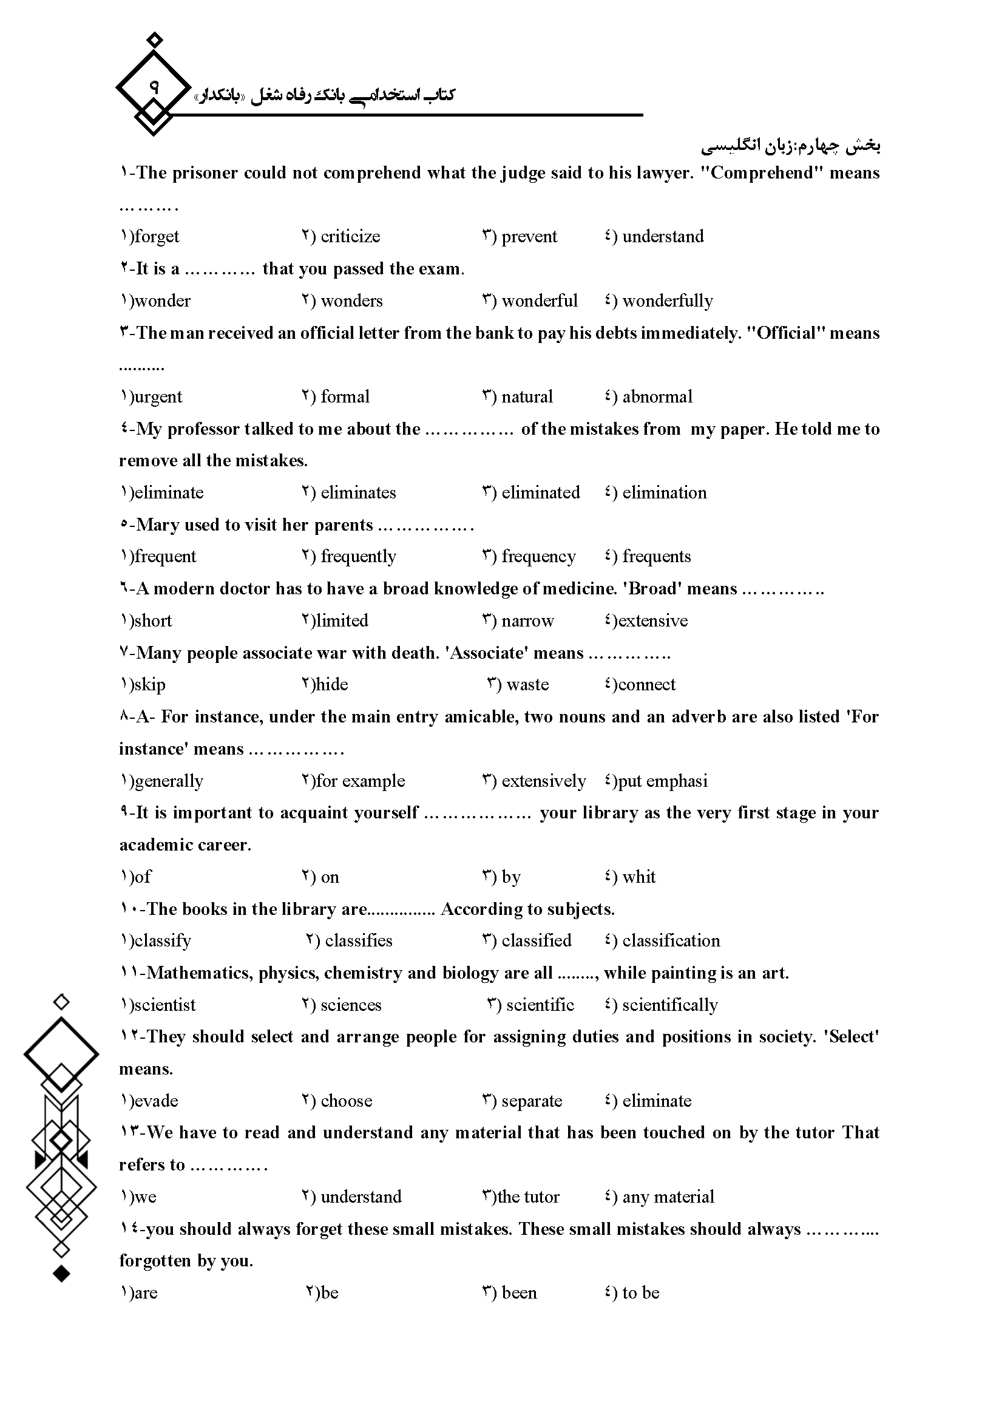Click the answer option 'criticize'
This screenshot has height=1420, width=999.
coord(350,236)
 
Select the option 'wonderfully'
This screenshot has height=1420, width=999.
coord(667,301)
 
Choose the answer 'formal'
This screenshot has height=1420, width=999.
coord(345,396)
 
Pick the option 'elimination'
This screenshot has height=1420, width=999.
coord(664,492)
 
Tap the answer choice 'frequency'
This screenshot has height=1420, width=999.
coord(538,556)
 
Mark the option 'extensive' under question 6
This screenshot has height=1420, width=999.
coord(652,620)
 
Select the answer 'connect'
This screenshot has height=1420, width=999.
coord(646,684)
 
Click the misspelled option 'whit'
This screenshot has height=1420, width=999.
coord(638,877)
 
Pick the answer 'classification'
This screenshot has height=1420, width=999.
coord(671,940)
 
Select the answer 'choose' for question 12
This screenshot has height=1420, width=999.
coord(346,1100)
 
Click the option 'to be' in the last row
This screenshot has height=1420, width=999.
coord(640,1293)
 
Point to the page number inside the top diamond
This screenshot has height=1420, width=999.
coord(154,87)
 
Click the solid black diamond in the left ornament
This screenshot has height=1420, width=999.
coord(61,1274)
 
